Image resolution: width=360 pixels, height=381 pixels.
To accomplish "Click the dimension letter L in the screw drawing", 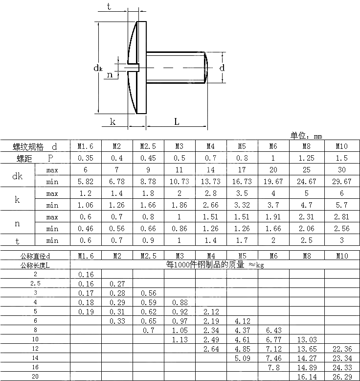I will click(177, 121).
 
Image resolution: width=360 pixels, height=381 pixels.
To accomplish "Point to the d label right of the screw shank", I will click(222, 68).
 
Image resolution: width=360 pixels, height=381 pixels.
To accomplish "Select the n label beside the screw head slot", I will click(110, 74).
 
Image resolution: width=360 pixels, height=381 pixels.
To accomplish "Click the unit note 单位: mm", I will click(306, 136).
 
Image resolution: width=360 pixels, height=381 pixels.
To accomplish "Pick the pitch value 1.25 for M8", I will click(307, 158).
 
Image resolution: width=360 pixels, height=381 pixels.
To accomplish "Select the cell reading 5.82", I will click(86, 181).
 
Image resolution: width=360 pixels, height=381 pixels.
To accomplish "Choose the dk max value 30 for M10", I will click(341, 170).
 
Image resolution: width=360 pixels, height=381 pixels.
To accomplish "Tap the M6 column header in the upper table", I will click(273, 146).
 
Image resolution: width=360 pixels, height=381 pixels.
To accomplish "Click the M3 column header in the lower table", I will click(180, 256).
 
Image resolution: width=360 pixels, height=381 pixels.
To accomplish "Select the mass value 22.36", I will click(341, 348).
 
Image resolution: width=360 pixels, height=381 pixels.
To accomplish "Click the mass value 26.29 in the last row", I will click(341, 376).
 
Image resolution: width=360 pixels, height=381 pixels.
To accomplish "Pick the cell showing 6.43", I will click(273, 330).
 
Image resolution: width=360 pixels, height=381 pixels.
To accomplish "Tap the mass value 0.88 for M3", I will click(180, 302).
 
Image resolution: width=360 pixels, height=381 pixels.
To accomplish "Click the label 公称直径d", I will click(35, 256).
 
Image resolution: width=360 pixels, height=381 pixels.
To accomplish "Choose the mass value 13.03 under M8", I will click(307, 339).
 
